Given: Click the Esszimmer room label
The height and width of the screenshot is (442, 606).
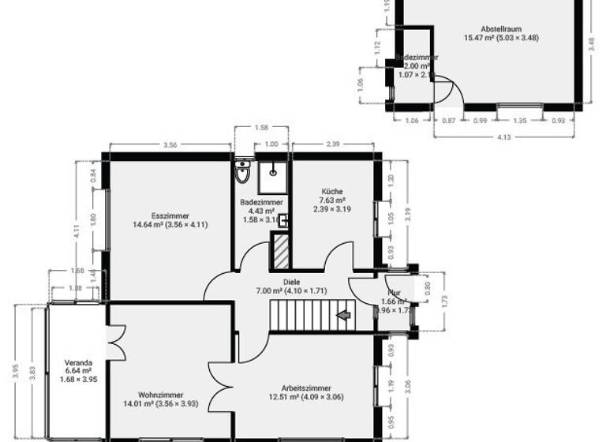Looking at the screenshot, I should click(x=170, y=215).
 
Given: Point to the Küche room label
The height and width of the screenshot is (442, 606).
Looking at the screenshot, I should click(x=331, y=200).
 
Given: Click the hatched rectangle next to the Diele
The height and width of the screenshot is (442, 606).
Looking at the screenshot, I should click(x=280, y=251).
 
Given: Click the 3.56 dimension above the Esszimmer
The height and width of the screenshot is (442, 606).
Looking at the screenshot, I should click(x=170, y=144).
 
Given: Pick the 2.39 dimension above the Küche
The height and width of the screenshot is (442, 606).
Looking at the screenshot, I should click(x=332, y=144).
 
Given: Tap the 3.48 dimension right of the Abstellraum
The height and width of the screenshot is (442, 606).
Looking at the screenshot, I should click(x=591, y=46).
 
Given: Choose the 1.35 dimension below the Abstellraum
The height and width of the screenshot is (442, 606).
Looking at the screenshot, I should click(x=520, y=120).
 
